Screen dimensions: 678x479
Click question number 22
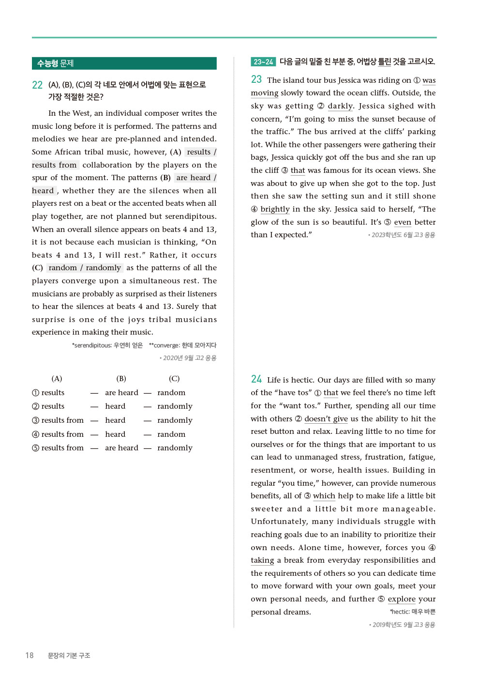(37, 85)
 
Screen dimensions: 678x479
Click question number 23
(256, 79)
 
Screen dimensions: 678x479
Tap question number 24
(256, 379)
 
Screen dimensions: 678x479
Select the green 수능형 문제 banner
(124, 63)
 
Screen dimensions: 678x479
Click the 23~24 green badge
(263, 62)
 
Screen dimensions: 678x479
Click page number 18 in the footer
(30, 655)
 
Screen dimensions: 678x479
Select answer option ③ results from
(58, 420)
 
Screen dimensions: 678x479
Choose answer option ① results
(48, 393)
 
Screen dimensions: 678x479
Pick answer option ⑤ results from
(58, 448)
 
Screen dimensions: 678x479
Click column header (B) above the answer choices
(121, 379)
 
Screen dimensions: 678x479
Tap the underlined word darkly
(341, 106)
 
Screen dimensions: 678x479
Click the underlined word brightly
(275, 209)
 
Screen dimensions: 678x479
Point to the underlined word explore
(401, 599)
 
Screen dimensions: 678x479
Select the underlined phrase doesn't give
(326, 419)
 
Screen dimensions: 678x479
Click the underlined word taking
(262, 560)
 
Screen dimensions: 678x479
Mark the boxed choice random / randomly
(85, 268)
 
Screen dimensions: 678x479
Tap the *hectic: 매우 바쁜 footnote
(412, 612)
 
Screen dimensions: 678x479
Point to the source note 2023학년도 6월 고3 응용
(403, 235)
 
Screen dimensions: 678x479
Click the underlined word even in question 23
(402, 222)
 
